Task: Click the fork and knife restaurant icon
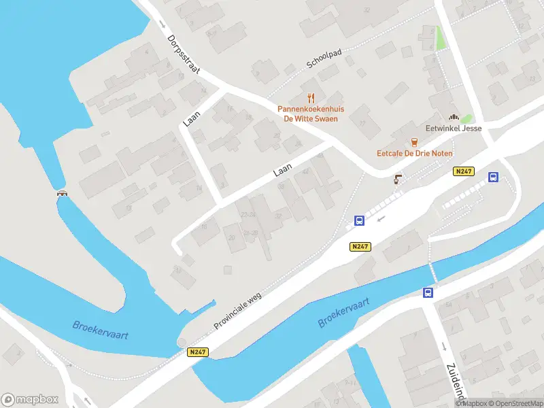point(311,98)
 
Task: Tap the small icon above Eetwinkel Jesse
point(454,117)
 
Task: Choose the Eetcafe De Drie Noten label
point(414,154)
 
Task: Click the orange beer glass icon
point(414,141)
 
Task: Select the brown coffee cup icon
point(398,180)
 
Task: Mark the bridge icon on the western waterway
point(63,193)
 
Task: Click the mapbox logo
point(30,399)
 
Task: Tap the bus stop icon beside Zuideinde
point(428,293)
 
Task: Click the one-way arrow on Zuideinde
point(443,345)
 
